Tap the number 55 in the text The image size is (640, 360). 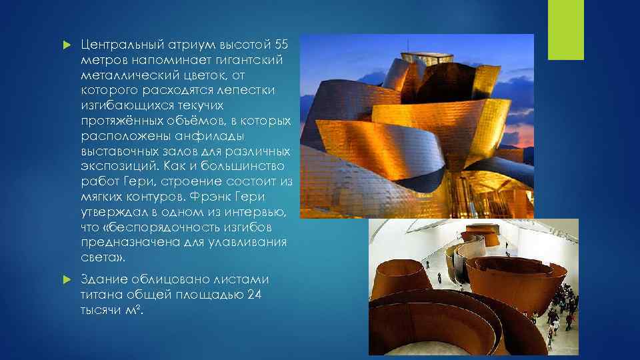[x=282, y=45]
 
